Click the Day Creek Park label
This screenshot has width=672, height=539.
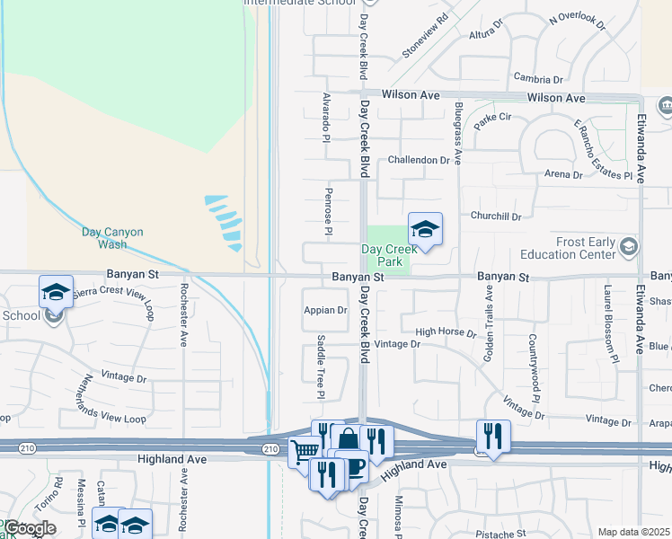[389, 255]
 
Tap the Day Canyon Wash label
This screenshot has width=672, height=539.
[112, 238]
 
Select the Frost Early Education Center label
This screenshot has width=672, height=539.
[570, 249]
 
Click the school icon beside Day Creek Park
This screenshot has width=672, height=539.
[425, 227]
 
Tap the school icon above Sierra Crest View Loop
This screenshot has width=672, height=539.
[56, 291]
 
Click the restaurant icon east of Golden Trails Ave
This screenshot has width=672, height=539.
[493, 436]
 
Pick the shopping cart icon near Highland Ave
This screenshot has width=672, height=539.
[305, 452]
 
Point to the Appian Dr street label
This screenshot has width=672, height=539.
[325, 310]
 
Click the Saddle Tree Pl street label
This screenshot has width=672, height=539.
[321, 367]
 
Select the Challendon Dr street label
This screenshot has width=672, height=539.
[418, 160]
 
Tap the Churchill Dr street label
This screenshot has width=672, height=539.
[496, 216]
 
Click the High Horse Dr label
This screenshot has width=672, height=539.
[446, 332]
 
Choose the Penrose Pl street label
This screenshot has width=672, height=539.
[329, 212]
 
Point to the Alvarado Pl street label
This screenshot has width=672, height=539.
[326, 115]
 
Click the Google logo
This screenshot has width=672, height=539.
[30, 528]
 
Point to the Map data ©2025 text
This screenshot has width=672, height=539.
[634, 532]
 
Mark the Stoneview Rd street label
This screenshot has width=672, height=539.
[425, 36]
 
